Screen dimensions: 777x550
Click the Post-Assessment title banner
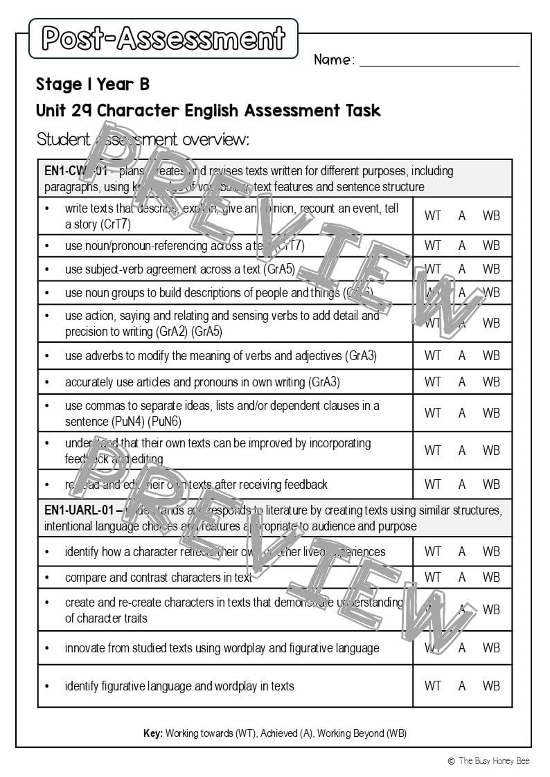163,38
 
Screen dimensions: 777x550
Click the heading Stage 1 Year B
93,84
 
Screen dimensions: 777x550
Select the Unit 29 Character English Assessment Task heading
208,111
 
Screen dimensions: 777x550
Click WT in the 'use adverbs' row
432,356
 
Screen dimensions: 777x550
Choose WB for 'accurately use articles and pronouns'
491,382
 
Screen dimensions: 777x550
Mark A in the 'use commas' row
462,413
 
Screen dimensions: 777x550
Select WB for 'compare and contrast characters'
491,577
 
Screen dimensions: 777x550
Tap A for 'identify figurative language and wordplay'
462,686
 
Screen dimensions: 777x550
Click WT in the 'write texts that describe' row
432,215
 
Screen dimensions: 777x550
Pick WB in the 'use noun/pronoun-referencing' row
491,245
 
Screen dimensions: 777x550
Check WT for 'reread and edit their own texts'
432,484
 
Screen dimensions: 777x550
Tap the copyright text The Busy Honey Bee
493,760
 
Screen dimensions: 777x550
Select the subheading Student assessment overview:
143,139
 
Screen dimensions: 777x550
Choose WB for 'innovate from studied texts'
491,648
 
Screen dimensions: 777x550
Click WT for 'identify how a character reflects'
432,552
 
